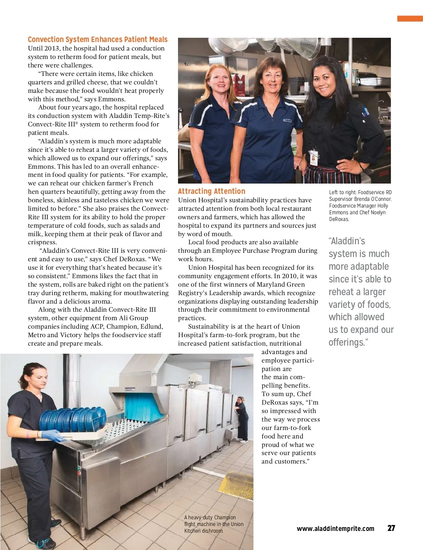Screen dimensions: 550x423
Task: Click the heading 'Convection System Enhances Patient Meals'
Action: pyautogui.click(x=98, y=40)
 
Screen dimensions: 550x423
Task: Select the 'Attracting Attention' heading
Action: pyautogui.click(x=211, y=191)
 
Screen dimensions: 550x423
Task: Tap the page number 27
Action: pyautogui.click(x=391, y=528)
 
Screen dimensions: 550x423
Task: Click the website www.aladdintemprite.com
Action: pyautogui.click(x=335, y=528)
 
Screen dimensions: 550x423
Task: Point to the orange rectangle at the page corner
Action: pyautogui.click(x=410, y=19)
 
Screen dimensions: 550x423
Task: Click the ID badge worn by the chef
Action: pyautogui.click(x=313, y=157)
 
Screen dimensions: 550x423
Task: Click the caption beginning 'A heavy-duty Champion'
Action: pyautogui.click(x=213, y=524)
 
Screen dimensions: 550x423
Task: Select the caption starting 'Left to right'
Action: pyautogui.click(x=360, y=205)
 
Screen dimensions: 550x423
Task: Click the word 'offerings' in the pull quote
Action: pyautogui.click(x=347, y=342)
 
